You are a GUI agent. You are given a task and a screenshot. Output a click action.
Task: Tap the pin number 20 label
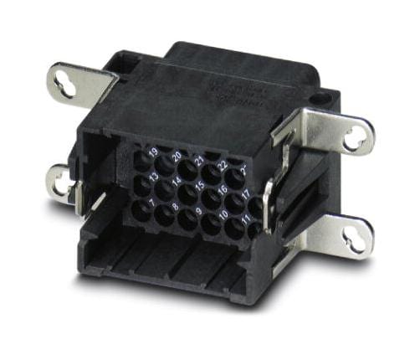pos(177,155)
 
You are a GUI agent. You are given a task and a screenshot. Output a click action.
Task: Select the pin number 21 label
pos(200,160)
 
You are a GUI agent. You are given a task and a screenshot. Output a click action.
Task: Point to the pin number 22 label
pos(223,165)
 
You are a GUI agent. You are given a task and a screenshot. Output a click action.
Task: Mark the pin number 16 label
pos(223,192)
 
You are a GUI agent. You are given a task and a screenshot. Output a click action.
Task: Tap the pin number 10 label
pos(223,217)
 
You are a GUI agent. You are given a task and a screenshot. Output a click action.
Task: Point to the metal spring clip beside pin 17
pos(267,202)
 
